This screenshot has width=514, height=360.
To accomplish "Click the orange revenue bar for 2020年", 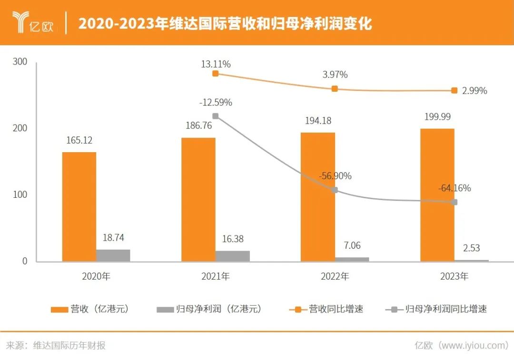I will (x=79, y=207).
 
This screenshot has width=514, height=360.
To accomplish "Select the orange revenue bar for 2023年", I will (x=437, y=195).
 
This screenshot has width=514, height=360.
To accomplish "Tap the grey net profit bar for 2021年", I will (x=233, y=256).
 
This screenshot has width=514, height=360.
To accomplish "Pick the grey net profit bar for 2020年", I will (x=113, y=255).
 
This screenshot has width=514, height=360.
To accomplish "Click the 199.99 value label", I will (x=437, y=117).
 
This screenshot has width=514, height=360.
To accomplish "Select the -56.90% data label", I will (x=335, y=176).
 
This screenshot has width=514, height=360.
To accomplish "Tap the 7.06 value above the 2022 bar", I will (x=352, y=245).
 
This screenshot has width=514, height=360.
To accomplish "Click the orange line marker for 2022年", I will (x=335, y=89).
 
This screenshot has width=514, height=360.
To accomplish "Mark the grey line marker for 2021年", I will (x=216, y=116).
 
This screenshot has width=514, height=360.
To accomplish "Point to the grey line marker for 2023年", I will (x=454, y=202).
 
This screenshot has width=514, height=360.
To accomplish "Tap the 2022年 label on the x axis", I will (x=335, y=276).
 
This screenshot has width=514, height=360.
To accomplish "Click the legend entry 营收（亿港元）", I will (x=90, y=309).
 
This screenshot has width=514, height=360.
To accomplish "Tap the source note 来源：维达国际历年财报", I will (x=56, y=346).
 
